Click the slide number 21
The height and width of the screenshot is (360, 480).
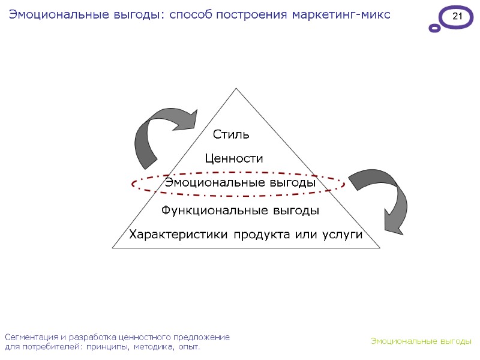coord(457,17)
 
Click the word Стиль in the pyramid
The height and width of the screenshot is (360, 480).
coord(231,134)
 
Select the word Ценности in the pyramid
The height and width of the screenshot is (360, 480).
coord(234,158)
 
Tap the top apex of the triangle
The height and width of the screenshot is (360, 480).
coord(236,89)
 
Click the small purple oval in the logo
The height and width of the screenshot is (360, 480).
coord(434,28)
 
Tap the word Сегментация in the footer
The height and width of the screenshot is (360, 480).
coord(30,337)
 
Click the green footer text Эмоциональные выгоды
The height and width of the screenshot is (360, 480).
coord(421,341)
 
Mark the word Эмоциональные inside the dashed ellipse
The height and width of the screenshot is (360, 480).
coord(206,182)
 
